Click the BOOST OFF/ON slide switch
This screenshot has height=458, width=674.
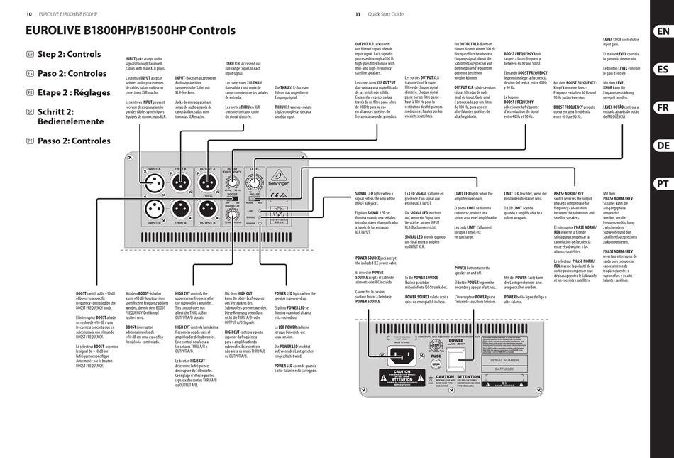[x=232, y=200]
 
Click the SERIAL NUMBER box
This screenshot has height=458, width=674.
[x=505, y=360]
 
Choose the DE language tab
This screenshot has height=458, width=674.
[x=661, y=146]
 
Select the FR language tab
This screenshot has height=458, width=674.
[x=661, y=107]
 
